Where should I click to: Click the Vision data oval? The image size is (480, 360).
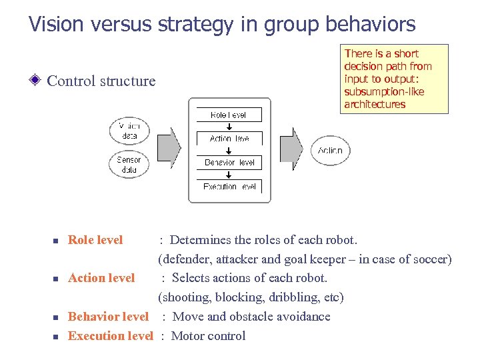click(x=129, y=131)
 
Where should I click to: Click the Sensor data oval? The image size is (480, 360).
click(x=129, y=165)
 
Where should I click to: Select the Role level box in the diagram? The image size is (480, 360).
click(x=229, y=115)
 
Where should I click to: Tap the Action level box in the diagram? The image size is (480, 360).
click(x=229, y=138)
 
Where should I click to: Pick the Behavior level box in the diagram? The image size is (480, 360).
click(x=229, y=162)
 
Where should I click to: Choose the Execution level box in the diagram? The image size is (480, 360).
click(x=229, y=186)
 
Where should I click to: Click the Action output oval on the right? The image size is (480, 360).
click(x=330, y=151)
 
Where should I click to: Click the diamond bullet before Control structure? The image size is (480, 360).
click(x=37, y=81)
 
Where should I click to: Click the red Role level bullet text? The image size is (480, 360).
click(x=95, y=240)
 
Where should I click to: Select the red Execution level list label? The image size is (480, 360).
click(x=110, y=336)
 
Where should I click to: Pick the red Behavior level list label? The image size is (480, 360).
click(x=108, y=317)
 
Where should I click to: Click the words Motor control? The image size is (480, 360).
click(x=208, y=336)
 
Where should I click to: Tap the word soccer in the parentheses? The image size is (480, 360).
click(x=429, y=259)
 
